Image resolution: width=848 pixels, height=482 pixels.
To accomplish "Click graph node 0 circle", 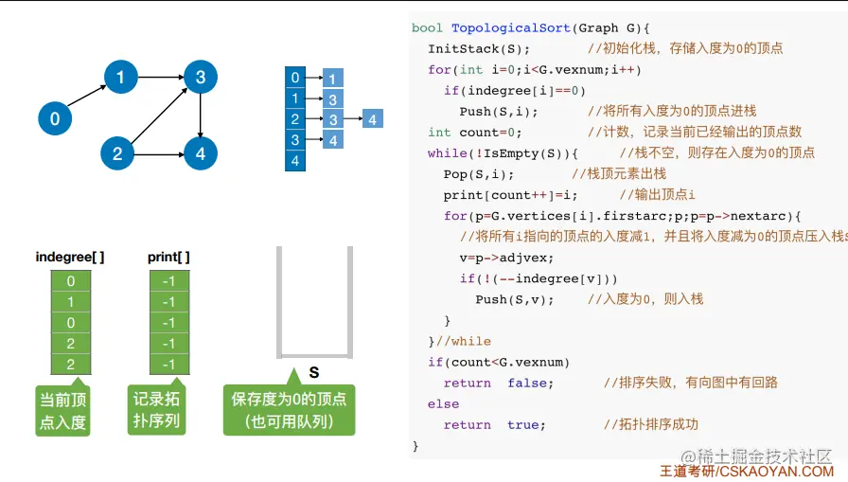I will (x=55, y=118).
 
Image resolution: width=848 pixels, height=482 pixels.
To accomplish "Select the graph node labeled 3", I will (x=200, y=77).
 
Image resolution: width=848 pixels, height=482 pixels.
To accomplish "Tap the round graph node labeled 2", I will (x=117, y=153).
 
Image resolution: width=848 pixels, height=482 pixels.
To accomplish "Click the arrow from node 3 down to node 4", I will (x=200, y=115).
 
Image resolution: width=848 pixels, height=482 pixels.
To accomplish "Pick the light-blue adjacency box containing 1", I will (x=333, y=78).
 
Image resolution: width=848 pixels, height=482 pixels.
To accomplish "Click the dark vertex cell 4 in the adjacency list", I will (x=296, y=161).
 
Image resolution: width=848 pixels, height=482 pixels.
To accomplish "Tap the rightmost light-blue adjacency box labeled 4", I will (x=373, y=119).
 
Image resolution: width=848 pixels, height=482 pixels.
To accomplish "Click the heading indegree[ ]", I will (x=70, y=257).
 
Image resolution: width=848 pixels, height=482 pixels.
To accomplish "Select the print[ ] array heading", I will (x=168, y=257).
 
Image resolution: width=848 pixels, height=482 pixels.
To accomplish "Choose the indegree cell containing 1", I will (x=70, y=302).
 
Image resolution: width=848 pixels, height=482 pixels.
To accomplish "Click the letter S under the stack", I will (x=313, y=373).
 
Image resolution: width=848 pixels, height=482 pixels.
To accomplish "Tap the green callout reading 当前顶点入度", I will (x=62, y=410).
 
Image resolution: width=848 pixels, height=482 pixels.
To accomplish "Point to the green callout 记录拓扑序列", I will (x=156, y=409).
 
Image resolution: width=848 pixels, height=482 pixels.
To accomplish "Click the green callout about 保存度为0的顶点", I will (x=289, y=409).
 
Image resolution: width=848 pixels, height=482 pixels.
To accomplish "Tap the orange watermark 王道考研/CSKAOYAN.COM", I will (x=747, y=471).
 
